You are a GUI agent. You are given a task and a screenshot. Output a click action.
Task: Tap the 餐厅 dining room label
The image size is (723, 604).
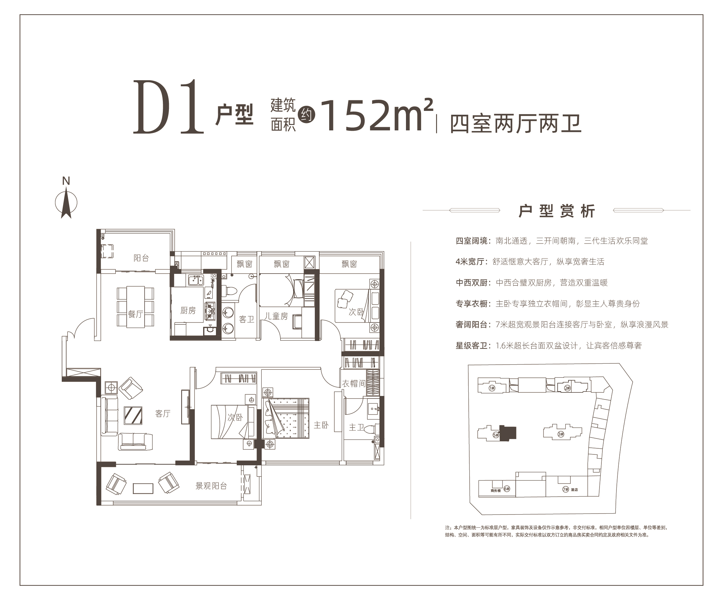135,314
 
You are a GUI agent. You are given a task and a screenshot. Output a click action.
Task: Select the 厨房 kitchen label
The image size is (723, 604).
188,311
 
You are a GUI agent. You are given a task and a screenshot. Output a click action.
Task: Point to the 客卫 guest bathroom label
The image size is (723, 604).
247,319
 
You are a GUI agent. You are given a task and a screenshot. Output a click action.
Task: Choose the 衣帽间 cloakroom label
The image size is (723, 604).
354,383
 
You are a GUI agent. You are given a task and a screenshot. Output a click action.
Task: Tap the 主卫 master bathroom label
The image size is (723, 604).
357,427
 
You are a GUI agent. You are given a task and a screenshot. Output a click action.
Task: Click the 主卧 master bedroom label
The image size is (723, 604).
321,425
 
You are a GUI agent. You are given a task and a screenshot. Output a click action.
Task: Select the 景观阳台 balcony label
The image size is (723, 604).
211,486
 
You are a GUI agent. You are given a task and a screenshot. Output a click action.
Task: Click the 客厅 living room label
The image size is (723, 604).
163,414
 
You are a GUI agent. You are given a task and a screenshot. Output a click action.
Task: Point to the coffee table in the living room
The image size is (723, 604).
133,415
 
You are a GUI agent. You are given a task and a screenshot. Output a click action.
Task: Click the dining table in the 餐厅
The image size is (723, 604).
135,307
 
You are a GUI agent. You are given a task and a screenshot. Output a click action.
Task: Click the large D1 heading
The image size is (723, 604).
168,107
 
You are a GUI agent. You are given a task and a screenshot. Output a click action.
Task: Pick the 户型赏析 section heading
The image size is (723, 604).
557,211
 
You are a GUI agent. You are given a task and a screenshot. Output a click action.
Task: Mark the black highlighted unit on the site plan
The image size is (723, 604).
507,433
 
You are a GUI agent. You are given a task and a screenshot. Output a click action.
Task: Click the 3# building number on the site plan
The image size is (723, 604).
561,434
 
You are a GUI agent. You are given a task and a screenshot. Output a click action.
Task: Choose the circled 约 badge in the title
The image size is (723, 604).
306,114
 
